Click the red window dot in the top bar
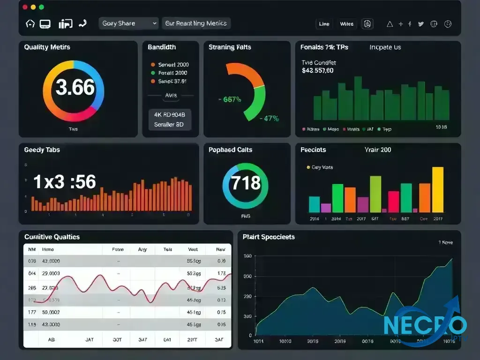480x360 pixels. coord(24,7)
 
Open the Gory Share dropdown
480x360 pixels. coord(129,23)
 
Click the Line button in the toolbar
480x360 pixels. coord(324,24)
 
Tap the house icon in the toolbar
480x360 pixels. coord(30,23)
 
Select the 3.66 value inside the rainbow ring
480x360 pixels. coord(75,88)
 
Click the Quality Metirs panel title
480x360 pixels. coord(47,47)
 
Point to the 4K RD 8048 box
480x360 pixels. coord(169,114)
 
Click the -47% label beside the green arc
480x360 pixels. coord(269,119)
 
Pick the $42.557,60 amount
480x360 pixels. coord(318,71)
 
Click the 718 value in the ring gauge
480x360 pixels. coord(245,182)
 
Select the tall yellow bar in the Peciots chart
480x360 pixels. coord(437,190)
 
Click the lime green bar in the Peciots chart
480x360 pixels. coord(375,194)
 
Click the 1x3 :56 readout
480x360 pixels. coord(65,182)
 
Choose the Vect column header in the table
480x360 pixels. coord(193,250)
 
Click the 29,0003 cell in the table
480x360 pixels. coord(51,273)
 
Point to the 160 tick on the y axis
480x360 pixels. coord(248,256)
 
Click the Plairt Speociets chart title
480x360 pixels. coord(269,237)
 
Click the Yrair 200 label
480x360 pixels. coord(378,150)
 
